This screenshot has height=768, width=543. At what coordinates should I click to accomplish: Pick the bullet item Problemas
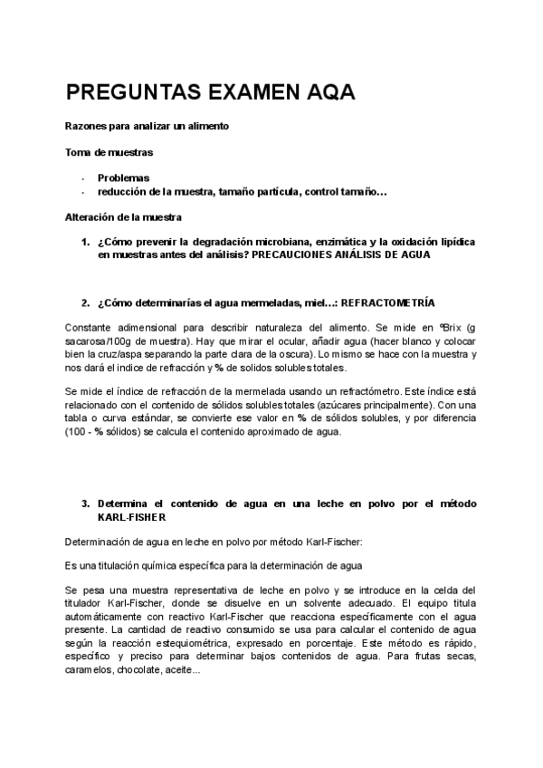pos(123,178)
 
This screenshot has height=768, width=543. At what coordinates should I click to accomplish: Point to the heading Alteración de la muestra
pos(123,217)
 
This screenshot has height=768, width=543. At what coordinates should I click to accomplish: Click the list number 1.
pos(84,243)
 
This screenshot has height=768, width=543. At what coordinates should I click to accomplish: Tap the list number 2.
pos(84,302)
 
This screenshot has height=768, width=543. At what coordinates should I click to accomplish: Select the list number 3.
pos(84,503)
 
